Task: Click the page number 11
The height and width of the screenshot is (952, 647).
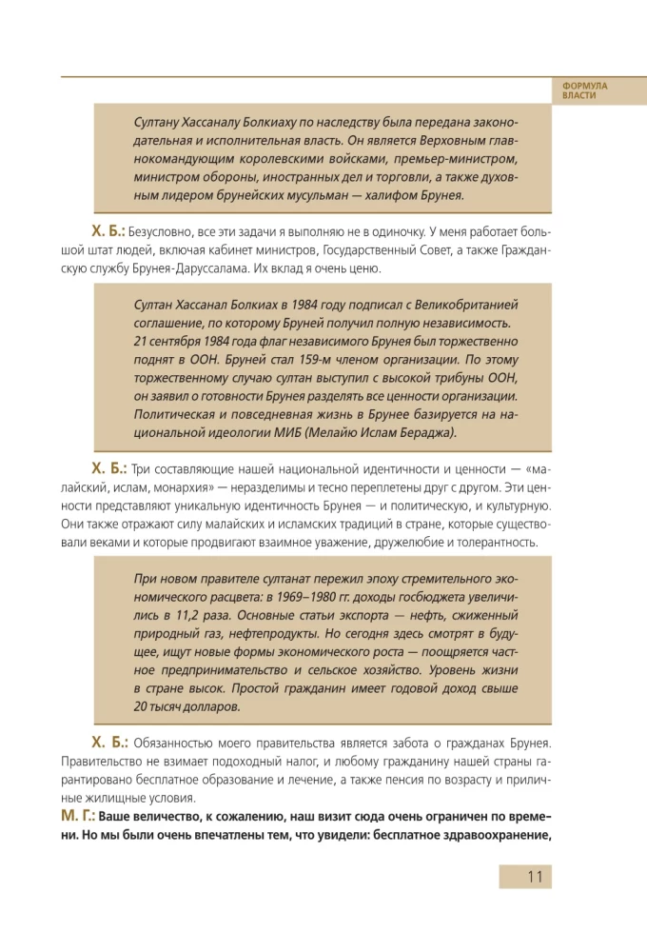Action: (534, 877)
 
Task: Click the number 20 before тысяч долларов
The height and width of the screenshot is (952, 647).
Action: (141, 706)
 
